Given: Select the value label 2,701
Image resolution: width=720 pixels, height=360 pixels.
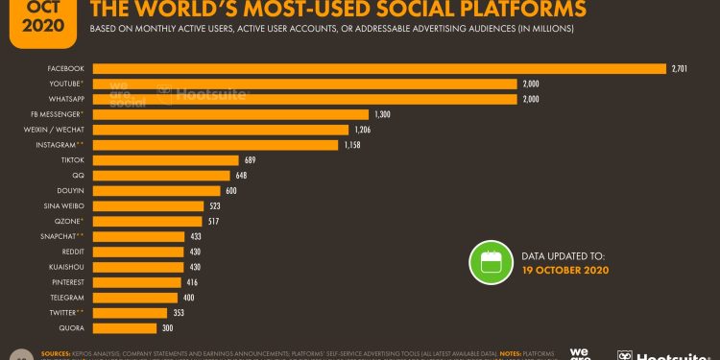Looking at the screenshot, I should point(681,68).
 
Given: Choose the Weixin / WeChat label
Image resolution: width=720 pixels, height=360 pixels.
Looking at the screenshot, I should point(58,130).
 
